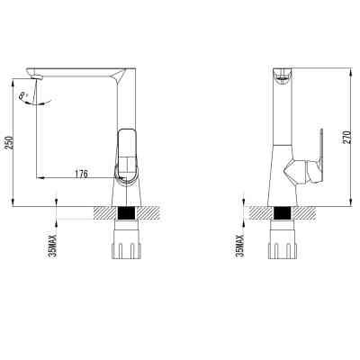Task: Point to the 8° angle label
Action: pyautogui.click(x=22, y=94)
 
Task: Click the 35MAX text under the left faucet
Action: pyautogui.click(x=53, y=241)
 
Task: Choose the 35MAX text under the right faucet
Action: pyautogui.click(x=240, y=241)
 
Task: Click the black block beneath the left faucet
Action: pyautogui.click(x=128, y=214)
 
